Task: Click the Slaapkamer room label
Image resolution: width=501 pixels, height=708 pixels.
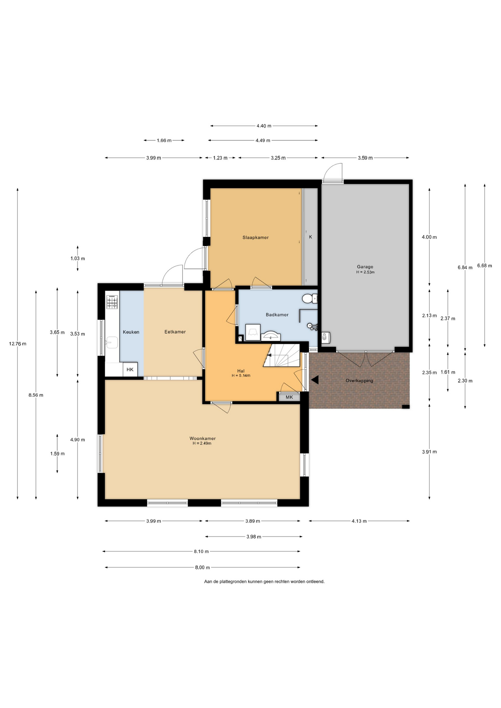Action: (x=255, y=237)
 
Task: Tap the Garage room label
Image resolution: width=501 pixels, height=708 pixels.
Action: (x=365, y=267)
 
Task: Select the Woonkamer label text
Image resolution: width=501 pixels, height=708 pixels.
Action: (x=203, y=438)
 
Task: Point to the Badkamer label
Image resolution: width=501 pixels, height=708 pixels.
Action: (x=277, y=315)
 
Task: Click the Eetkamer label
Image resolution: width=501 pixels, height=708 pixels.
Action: (x=175, y=332)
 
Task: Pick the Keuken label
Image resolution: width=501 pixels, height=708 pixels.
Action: (x=131, y=332)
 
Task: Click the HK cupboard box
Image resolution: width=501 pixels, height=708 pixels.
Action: (x=130, y=369)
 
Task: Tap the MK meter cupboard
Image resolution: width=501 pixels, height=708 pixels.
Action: (x=289, y=397)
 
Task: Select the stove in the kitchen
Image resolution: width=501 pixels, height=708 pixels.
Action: (x=112, y=302)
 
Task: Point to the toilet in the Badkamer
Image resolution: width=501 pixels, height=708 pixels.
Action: (x=310, y=298)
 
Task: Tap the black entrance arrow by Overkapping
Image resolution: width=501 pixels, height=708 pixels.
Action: (x=314, y=380)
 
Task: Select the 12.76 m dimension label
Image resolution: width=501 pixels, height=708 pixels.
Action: (x=18, y=344)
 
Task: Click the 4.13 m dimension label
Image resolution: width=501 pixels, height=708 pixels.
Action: (x=359, y=521)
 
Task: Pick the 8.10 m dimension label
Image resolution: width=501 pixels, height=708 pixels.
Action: (x=201, y=552)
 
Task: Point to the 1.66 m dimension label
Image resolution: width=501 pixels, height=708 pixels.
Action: (x=164, y=140)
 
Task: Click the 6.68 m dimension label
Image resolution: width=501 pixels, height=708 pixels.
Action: (x=484, y=265)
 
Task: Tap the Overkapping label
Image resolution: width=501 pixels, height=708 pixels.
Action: (x=359, y=381)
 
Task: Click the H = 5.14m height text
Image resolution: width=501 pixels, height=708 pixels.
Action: (x=241, y=376)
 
